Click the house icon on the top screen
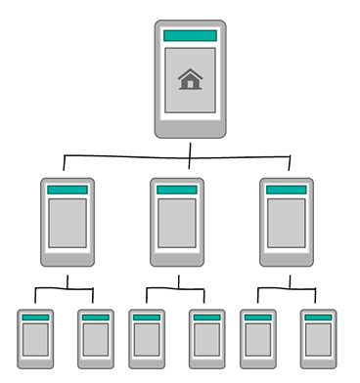(x=190, y=80)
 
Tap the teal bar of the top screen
(x=190, y=36)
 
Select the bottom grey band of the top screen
(x=190, y=128)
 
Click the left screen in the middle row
(x=67, y=222)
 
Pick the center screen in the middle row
(x=177, y=222)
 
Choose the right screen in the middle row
(x=287, y=222)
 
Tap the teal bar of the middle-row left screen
(x=67, y=191)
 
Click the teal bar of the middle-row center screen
(x=177, y=191)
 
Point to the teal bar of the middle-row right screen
(x=287, y=191)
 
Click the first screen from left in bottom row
(x=36, y=338)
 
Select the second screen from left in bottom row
(x=96, y=338)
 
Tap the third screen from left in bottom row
(x=147, y=338)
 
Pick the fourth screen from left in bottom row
(x=206, y=338)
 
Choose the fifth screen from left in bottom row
(x=258, y=338)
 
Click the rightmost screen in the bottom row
(x=318, y=338)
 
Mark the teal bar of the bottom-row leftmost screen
(x=36, y=318)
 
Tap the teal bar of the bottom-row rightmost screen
(x=318, y=318)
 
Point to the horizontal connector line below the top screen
(x=127, y=156)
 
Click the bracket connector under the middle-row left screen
(x=66, y=288)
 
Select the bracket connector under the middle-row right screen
(x=289, y=288)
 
